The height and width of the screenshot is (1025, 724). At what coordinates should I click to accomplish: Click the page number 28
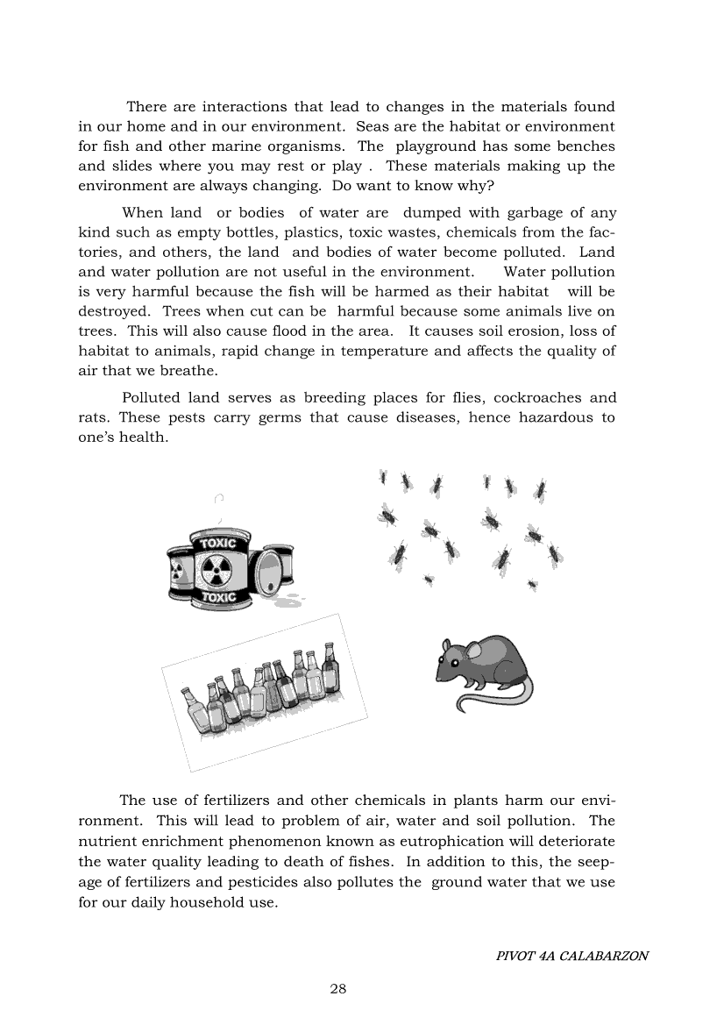pos(338,989)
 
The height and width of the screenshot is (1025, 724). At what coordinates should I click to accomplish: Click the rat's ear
pos(474,651)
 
